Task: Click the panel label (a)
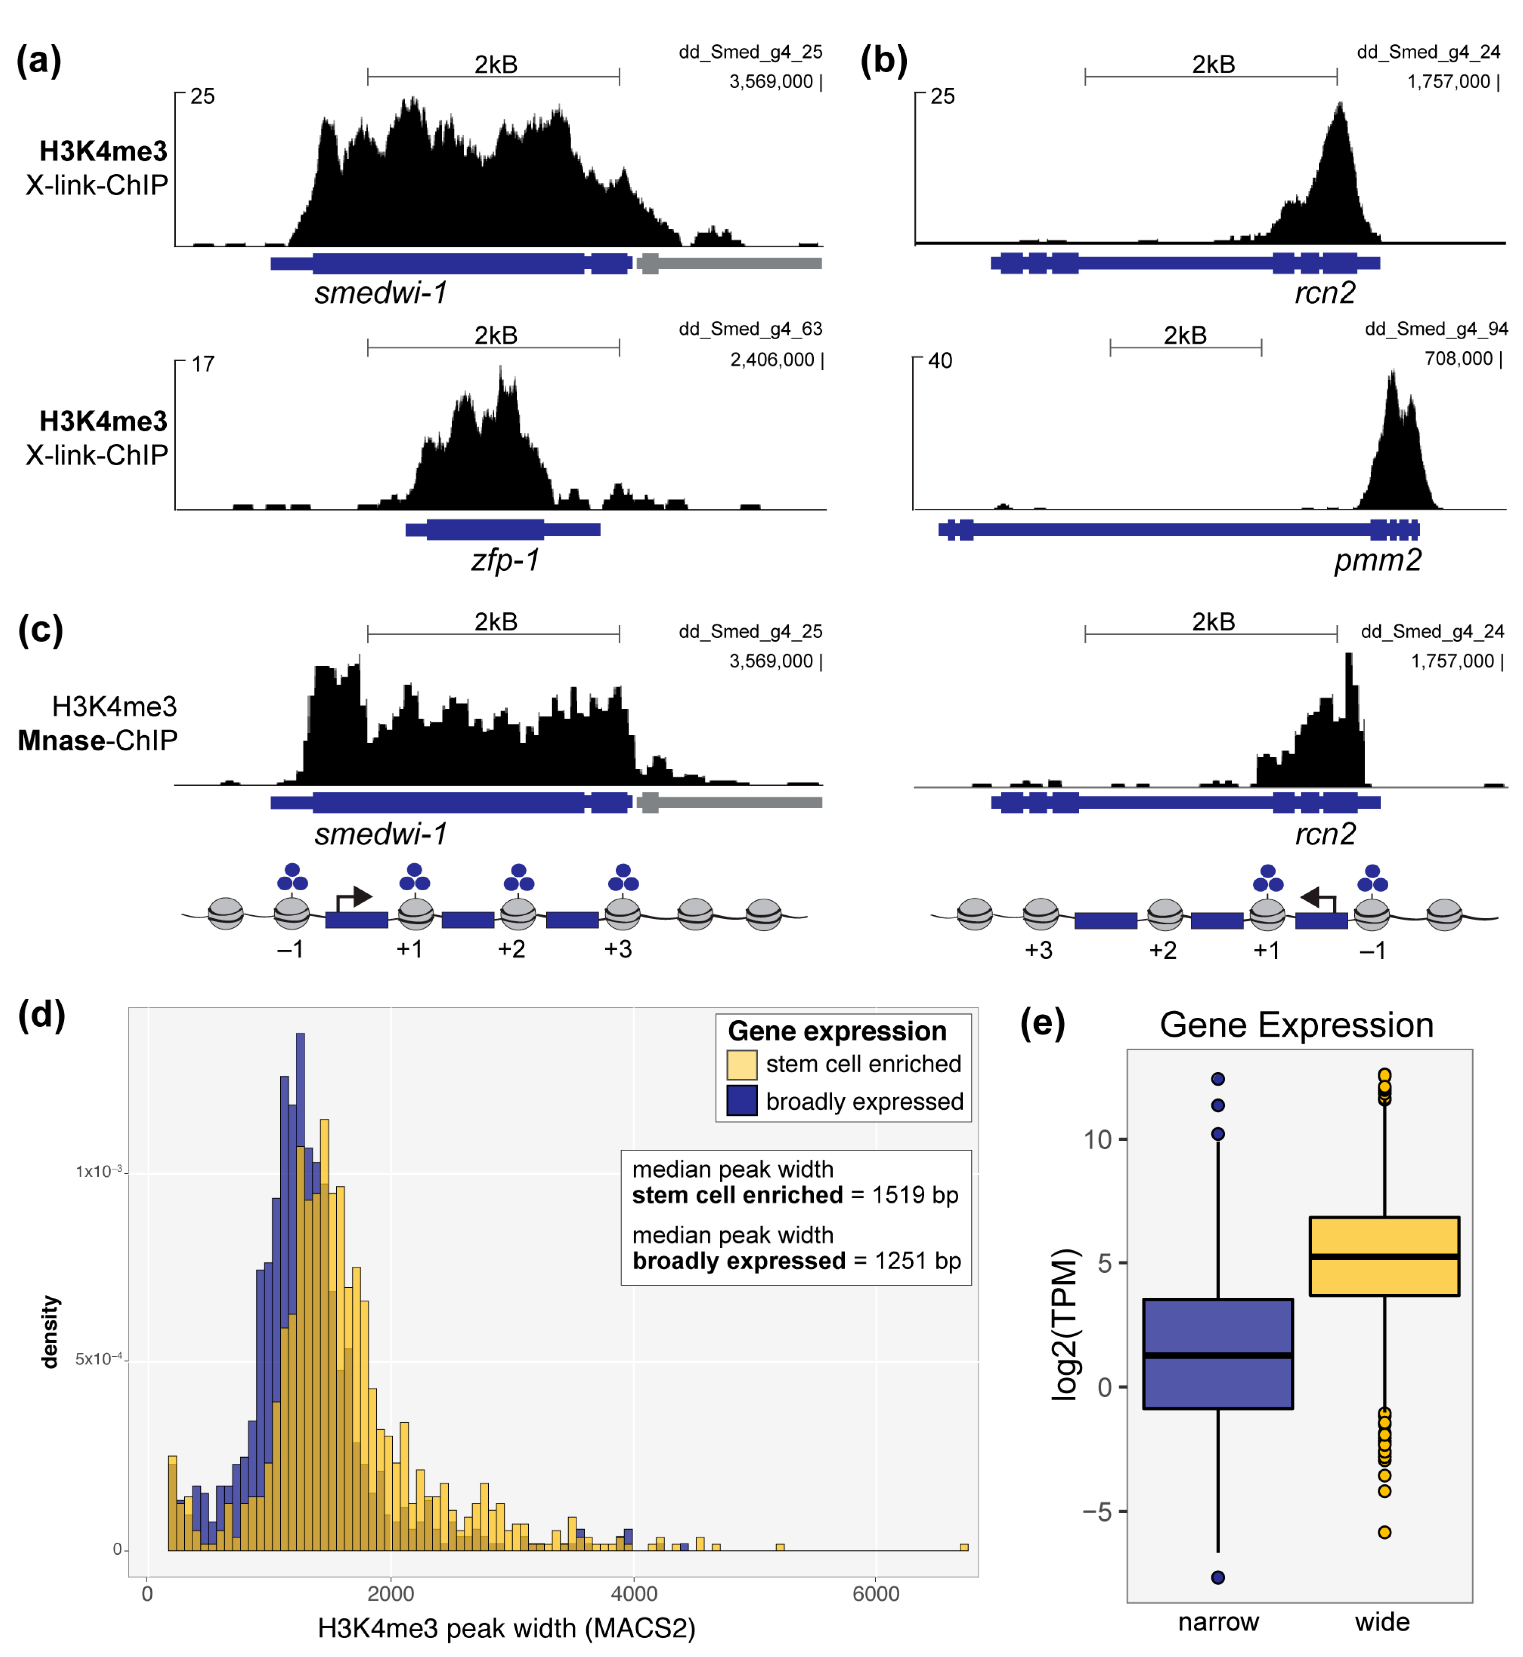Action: [39, 62]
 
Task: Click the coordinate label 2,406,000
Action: [772, 360]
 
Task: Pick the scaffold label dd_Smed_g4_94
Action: [1435, 329]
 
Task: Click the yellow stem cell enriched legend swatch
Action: [742, 1065]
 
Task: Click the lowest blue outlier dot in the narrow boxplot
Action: [1218, 1578]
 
